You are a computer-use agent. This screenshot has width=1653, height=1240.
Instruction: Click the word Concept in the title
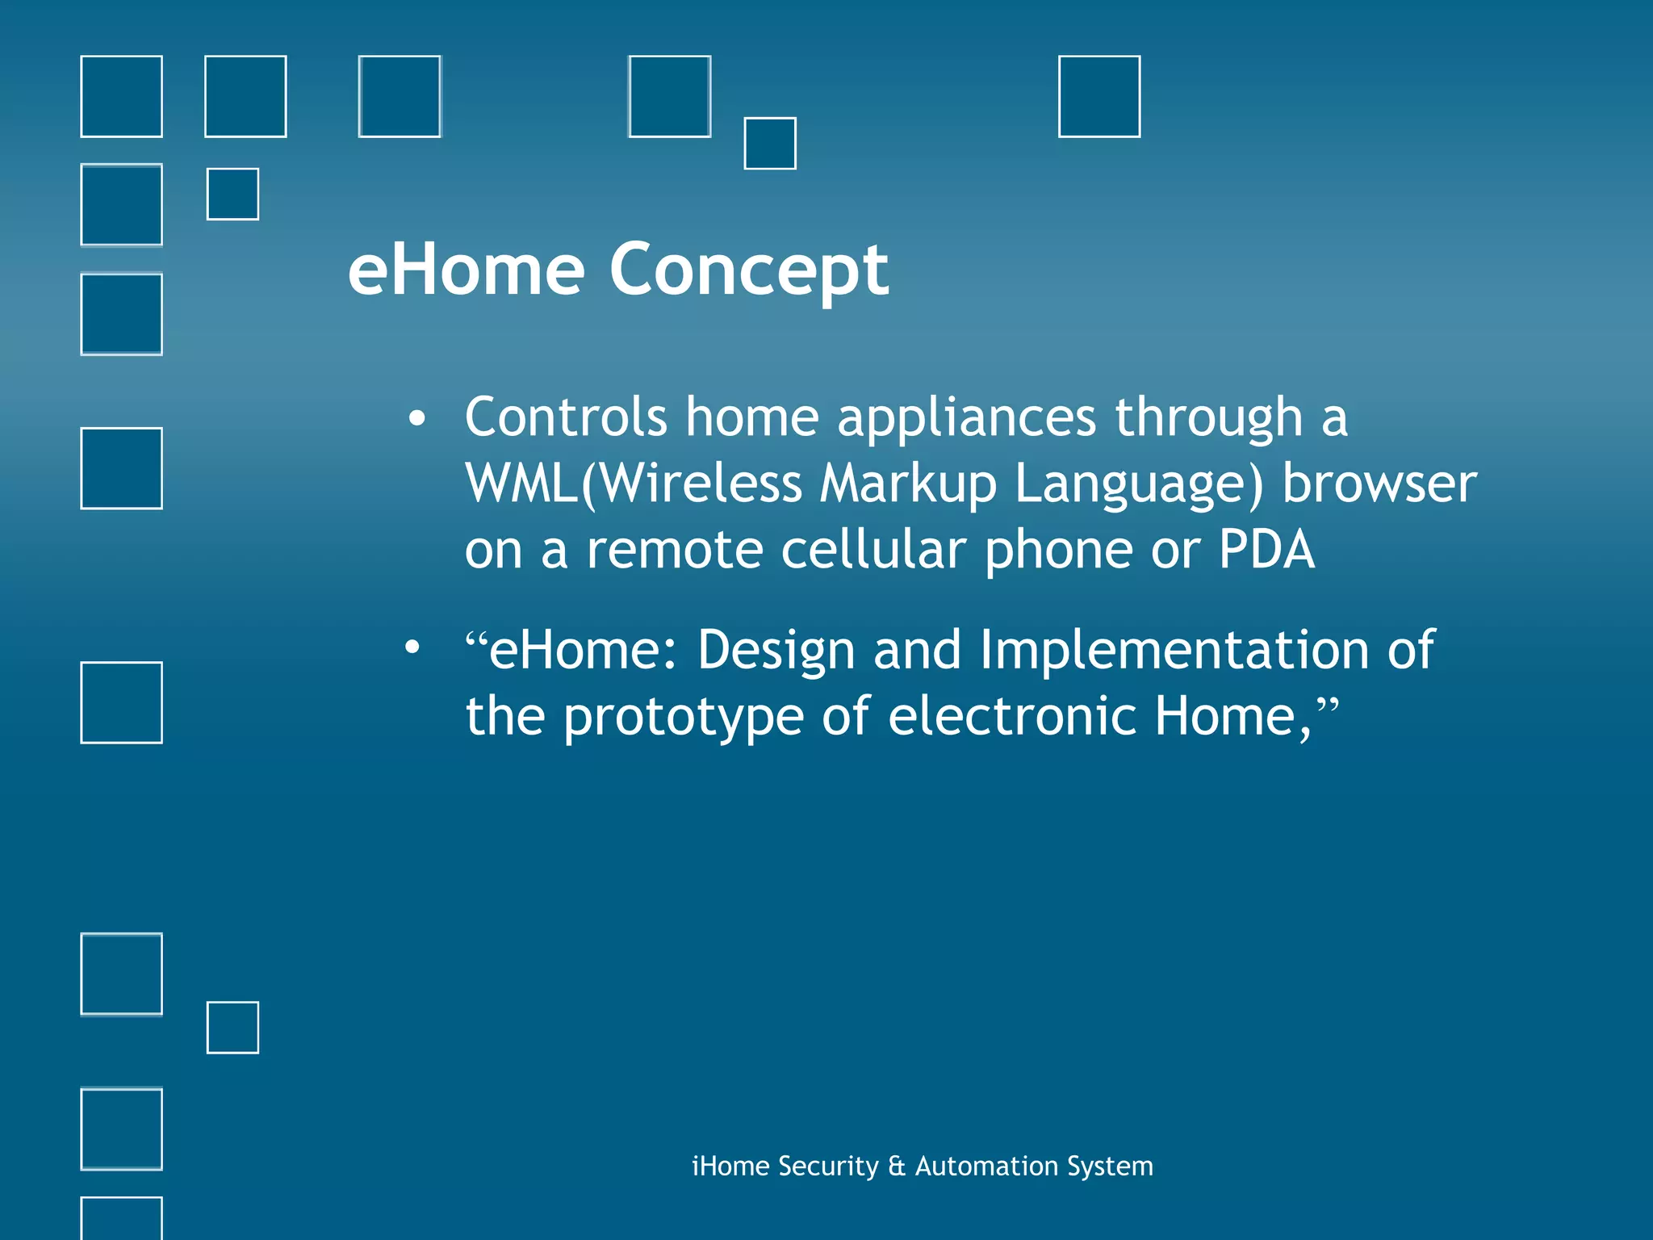[x=748, y=271]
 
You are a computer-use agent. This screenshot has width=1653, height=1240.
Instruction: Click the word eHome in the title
[x=466, y=271]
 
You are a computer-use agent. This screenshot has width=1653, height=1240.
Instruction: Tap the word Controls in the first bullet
[x=565, y=417]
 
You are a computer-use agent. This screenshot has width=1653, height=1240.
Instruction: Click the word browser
[x=1379, y=484]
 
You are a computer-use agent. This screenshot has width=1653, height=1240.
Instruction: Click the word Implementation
[x=1174, y=650]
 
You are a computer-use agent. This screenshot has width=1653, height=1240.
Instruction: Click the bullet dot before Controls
[x=416, y=419]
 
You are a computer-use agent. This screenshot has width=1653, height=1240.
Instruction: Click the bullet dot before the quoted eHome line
[x=412, y=647]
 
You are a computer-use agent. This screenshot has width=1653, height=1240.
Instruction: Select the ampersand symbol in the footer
[x=896, y=1167]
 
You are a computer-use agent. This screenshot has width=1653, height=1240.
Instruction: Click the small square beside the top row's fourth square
[x=769, y=143]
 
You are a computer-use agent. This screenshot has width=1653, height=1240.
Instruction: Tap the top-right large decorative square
[x=1099, y=96]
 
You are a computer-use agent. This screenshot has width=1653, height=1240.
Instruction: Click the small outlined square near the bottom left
[x=232, y=1027]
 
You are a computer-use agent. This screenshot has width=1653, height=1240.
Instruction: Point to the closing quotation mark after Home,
[x=1328, y=704]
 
